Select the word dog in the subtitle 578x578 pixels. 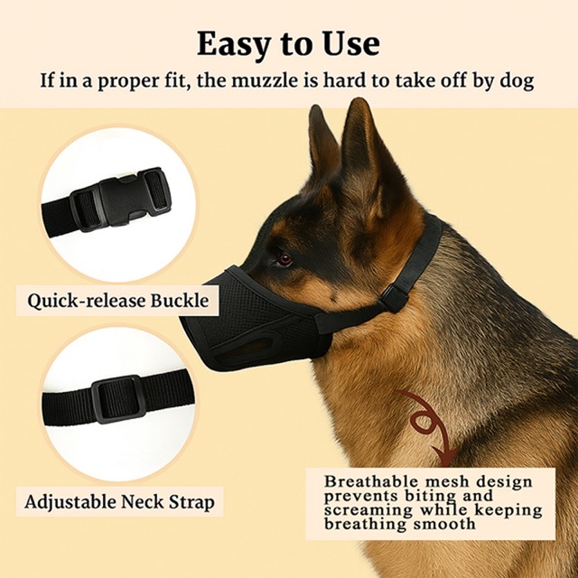click(x=517, y=80)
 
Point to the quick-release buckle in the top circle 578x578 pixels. click(x=122, y=200)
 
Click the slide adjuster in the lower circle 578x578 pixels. click(x=117, y=399)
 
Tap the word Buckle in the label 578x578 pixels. click(x=180, y=301)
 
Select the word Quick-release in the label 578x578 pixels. click(x=87, y=301)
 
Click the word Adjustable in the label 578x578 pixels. click(x=70, y=502)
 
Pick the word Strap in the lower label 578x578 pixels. click(x=191, y=502)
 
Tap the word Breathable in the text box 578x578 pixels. click(x=371, y=481)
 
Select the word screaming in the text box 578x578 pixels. click(x=368, y=511)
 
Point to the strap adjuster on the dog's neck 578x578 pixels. click(x=396, y=299)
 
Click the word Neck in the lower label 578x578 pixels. click(x=142, y=502)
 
